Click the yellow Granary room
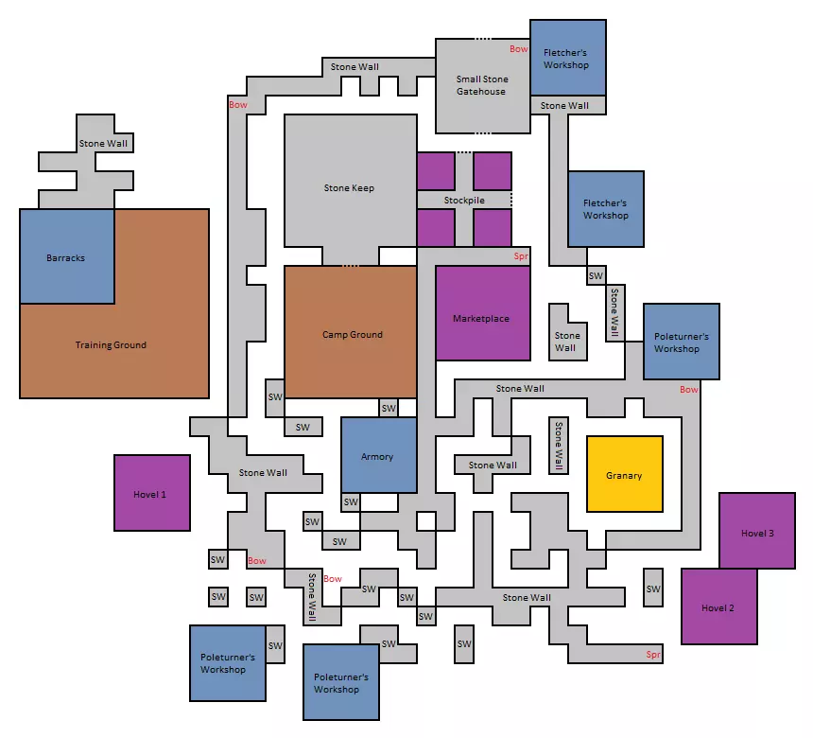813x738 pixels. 625,474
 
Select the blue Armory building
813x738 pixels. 379,455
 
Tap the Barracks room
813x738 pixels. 67,256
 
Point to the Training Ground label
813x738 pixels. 111,345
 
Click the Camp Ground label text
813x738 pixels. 353,335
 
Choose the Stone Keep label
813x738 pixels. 349,188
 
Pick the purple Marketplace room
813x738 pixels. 483,313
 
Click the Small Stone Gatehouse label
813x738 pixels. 482,85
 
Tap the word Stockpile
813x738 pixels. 464,201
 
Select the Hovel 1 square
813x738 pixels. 152,493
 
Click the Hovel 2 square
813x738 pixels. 719,606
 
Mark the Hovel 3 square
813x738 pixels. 757,531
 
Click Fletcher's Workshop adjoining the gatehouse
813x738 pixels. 568,58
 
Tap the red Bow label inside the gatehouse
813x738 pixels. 518,49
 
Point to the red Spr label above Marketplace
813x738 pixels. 521,255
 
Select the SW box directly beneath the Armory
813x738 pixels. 351,502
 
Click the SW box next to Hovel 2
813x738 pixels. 653,588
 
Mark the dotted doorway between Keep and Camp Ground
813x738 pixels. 351,266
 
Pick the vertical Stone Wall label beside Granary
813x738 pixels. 559,446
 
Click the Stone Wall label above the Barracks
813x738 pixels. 103,143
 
